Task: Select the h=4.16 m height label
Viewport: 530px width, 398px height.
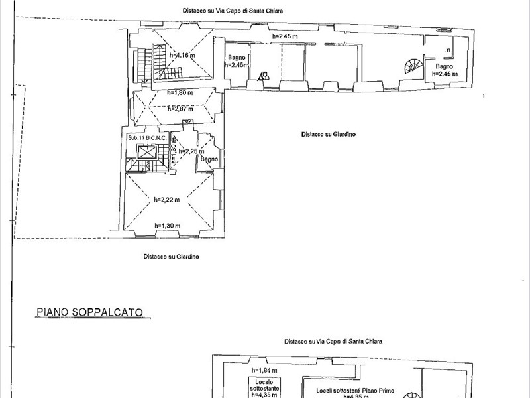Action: coord(180,56)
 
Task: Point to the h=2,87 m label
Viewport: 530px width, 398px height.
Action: coord(180,109)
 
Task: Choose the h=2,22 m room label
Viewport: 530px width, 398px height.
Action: coord(167,199)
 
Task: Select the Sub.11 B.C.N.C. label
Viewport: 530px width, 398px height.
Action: coord(150,137)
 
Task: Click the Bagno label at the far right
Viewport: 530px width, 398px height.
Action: coord(444,67)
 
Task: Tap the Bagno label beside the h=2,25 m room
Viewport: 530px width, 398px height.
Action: coord(209,159)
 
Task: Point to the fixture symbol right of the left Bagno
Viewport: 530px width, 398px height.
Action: coord(264,76)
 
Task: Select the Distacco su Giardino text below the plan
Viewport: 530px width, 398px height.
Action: coord(172,256)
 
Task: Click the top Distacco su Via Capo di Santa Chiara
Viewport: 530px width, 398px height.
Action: coord(237,11)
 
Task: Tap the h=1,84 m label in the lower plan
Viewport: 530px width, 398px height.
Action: coord(264,370)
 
